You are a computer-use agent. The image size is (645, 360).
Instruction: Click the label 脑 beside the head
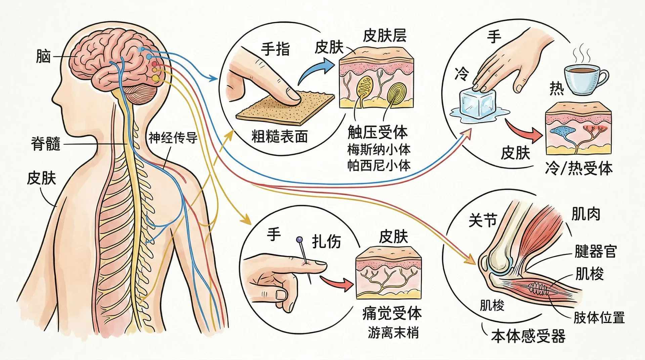tap(43, 57)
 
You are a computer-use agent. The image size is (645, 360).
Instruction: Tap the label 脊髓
tap(46, 144)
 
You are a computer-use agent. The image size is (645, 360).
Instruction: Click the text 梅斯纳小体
tap(379, 150)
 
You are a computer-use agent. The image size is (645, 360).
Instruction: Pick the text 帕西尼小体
tap(379, 166)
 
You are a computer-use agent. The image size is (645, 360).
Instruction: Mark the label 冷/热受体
tap(579, 168)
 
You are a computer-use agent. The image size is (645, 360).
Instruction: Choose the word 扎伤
tap(326, 241)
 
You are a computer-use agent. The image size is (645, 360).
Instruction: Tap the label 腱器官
tap(595, 251)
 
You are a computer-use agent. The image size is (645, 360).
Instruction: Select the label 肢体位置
tap(599, 317)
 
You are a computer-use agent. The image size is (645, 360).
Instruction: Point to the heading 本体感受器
tap(528, 336)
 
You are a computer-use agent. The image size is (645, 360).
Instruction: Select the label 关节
tap(482, 220)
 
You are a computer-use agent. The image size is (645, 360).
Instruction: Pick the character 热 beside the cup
tap(557, 89)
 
